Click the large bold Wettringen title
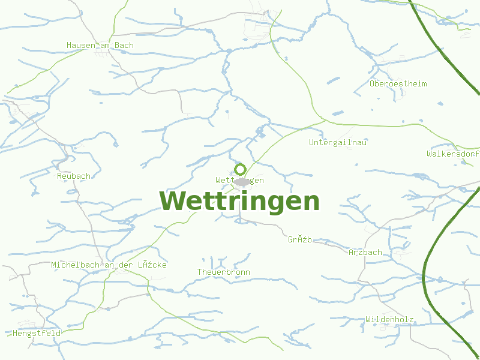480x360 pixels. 239,202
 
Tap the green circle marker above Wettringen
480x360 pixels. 240,169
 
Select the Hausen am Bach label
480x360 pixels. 100,45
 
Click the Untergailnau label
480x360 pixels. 338,142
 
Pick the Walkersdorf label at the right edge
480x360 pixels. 453,154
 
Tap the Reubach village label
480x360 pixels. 74,176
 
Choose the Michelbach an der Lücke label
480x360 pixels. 109,265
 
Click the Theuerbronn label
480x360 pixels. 224,272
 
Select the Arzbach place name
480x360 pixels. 365,252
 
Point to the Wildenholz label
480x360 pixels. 390,319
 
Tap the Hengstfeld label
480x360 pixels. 37,332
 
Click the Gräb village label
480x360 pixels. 300,239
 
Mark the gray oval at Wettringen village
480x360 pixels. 242,181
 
